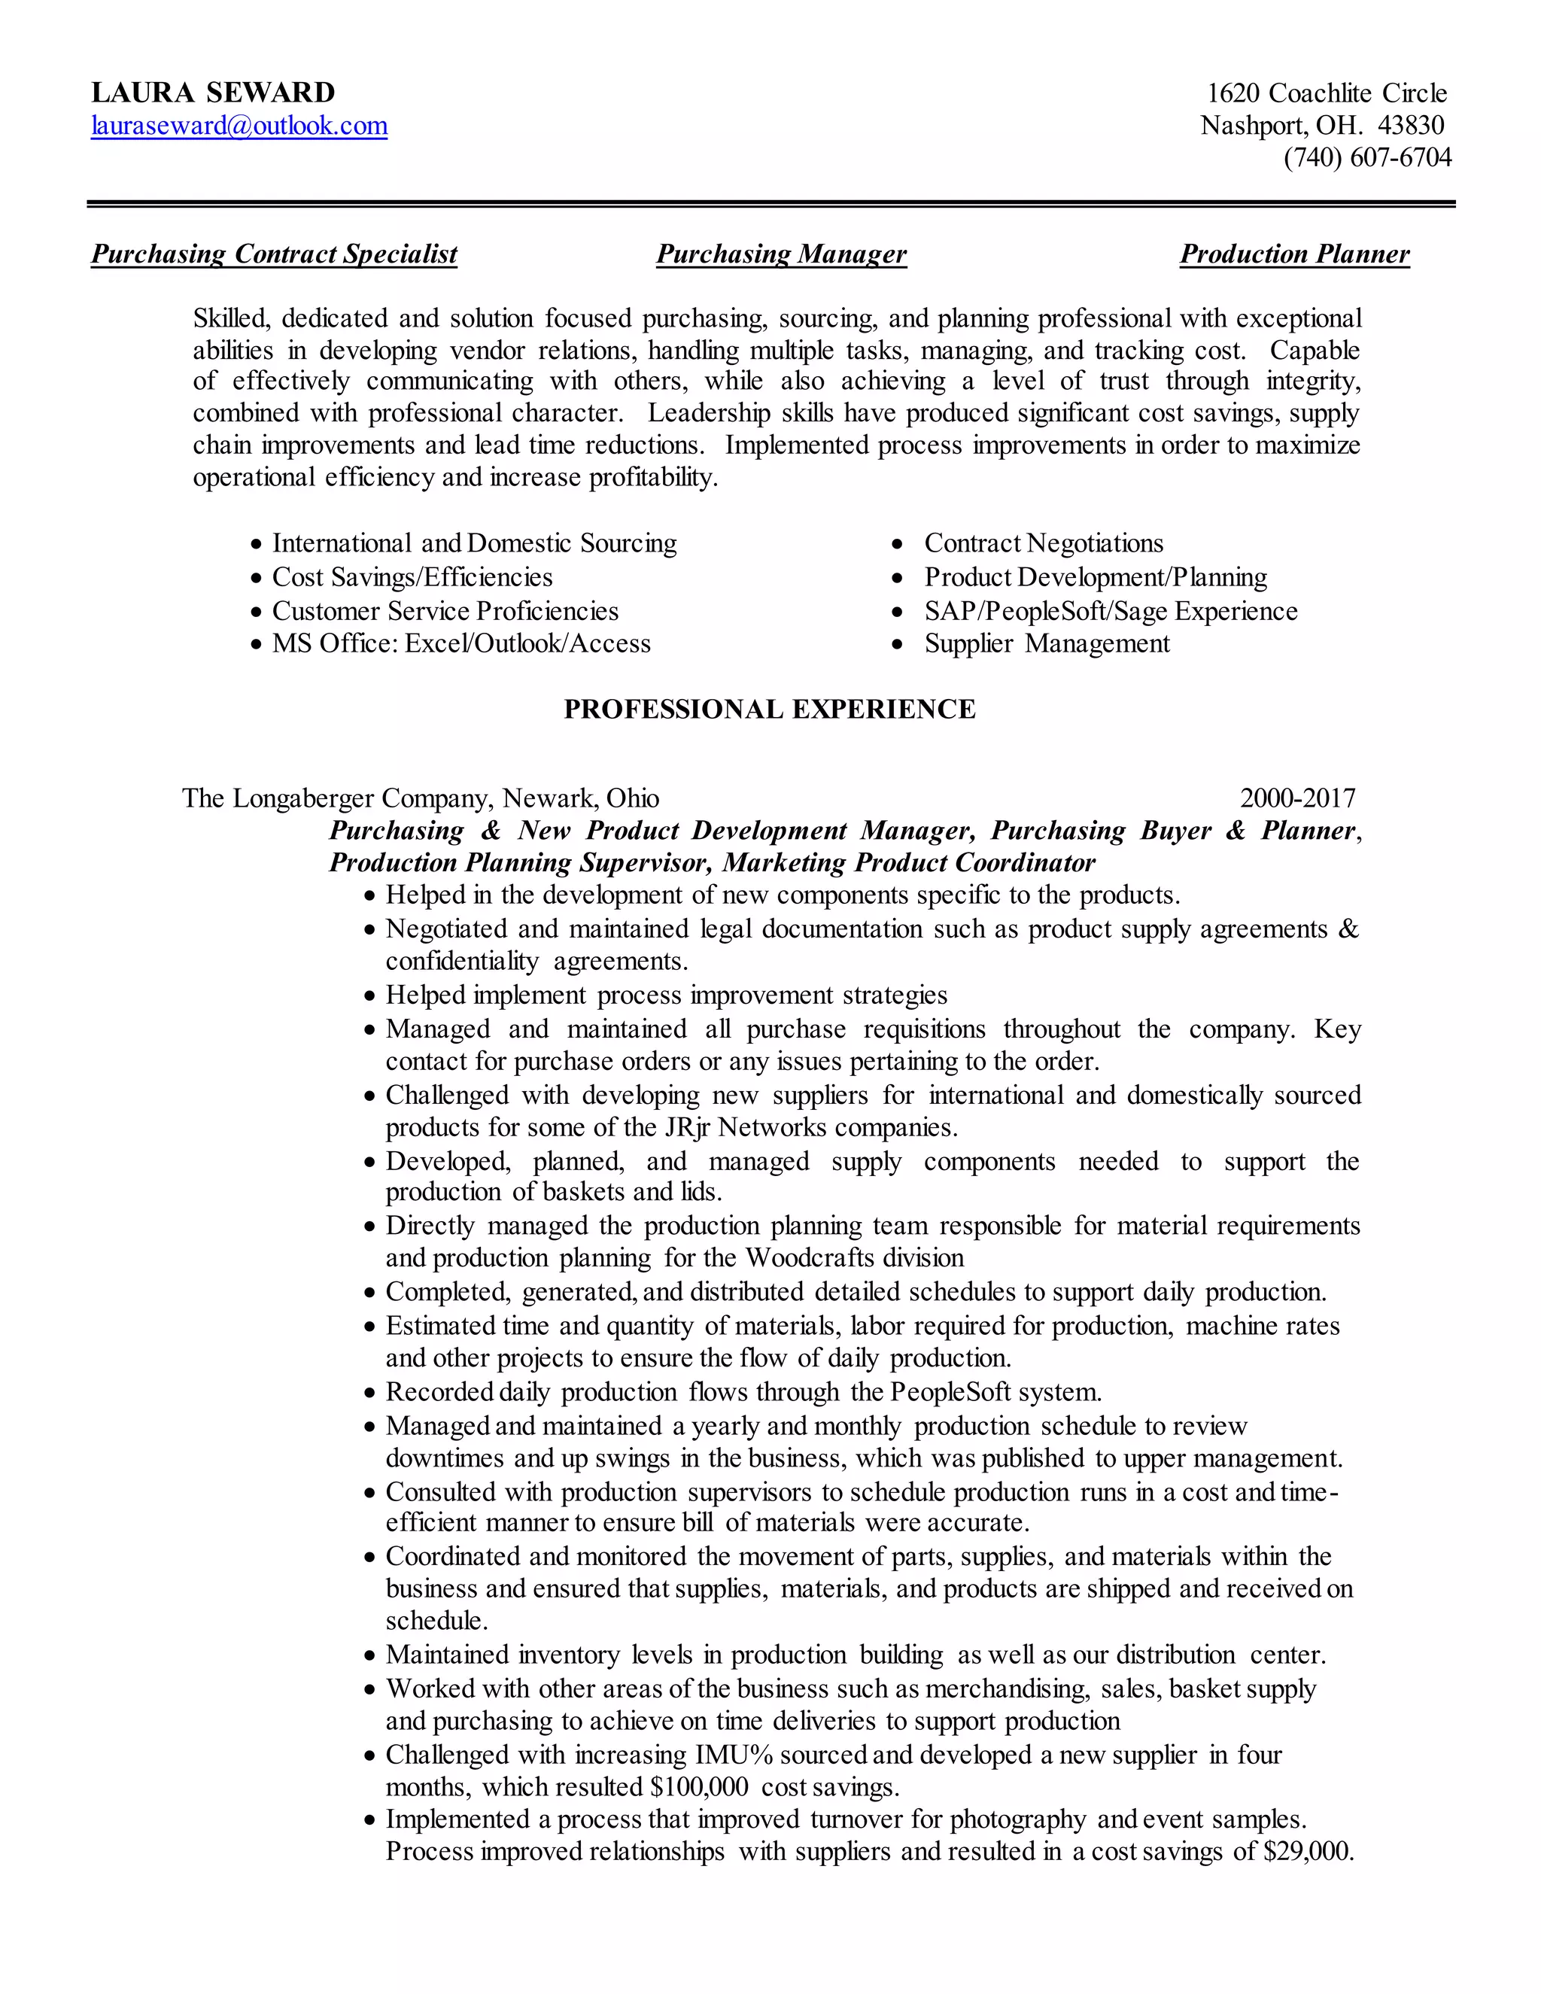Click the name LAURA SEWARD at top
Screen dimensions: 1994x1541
(213, 93)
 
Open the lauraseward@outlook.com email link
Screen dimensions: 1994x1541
(239, 125)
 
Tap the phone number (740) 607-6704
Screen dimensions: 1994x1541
(1366, 157)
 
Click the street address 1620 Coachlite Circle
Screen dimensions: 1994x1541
(1327, 93)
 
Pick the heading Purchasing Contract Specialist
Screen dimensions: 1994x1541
(274, 254)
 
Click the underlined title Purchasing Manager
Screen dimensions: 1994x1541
(782, 254)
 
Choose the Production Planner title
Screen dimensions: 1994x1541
(1294, 254)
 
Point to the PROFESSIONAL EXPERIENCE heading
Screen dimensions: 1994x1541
(770, 710)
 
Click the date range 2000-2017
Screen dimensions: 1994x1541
(1297, 798)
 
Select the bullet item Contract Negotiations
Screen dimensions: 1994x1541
(1044, 543)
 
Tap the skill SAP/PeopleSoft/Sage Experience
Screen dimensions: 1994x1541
(1110, 611)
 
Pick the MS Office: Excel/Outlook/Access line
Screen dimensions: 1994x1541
(461, 643)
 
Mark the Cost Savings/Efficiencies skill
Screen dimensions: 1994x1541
(412, 577)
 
